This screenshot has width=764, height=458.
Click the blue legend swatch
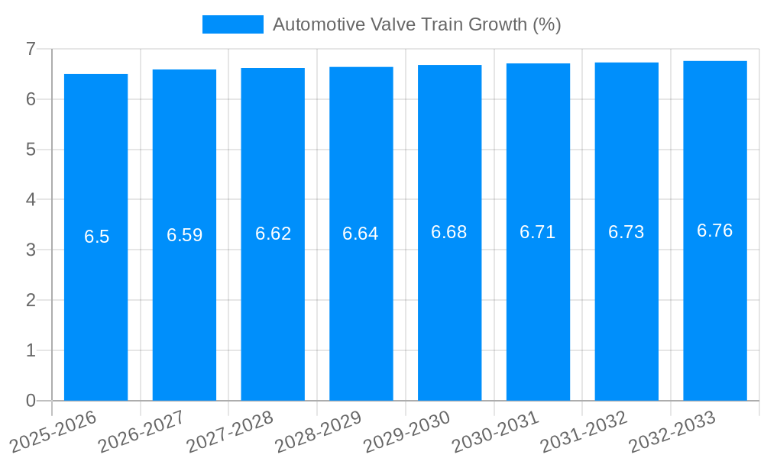[x=232, y=24]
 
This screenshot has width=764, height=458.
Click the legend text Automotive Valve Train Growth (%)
[x=416, y=24]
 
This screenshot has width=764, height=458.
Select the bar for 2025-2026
[x=96, y=305]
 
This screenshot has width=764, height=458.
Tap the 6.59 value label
[x=185, y=235]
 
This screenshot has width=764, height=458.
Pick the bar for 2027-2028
[x=273, y=305]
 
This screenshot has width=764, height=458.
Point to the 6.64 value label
[x=361, y=234]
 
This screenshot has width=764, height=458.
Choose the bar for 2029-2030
[x=449, y=305]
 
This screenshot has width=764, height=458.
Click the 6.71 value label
[x=538, y=232]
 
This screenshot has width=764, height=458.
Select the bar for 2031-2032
[x=626, y=305]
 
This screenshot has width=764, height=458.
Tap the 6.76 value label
[x=715, y=231]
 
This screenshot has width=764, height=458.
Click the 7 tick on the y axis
[x=31, y=49]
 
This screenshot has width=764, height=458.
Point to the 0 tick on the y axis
[x=31, y=401]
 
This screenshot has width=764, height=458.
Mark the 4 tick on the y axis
[x=31, y=200]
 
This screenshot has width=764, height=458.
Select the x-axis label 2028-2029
[x=319, y=430]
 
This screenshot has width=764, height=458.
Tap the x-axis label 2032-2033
[x=672, y=430]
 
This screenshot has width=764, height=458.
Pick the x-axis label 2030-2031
[x=496, y=430]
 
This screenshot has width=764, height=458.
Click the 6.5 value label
[x=97, y=237]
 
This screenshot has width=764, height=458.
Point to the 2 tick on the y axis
[x=31, y=300]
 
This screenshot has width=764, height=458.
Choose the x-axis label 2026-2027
[x=142, y=430]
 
